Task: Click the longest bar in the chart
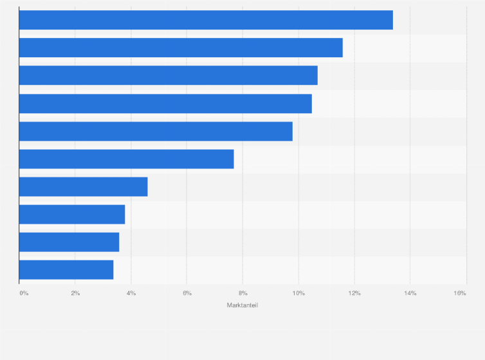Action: pyautogui.click(x=206, y=20)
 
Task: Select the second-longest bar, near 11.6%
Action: pyautogui.click(x=181, y=48)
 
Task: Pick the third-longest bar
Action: pyautogui.click(x=169, y=75)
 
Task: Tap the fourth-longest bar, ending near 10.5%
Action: pyautogui.click(x=165, y=104)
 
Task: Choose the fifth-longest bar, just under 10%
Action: pyautogui.click(x=156, y=131)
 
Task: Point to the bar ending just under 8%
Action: pyautogui.click(x=127, y=159)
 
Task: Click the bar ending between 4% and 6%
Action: pyautogui.click(x=84, y=186)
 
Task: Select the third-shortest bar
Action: pyautogui.click(x=72, y=214)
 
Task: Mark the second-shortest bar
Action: pyautogui.click(x=69, y=242)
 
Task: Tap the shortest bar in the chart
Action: pyautogui.click(x=66, y=269)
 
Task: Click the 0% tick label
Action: pyautogui.click(x=24, y=293)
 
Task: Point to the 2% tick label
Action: pyautogui.click(x=75, y=293)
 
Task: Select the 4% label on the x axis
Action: pyautogui.click(x=131, y=293)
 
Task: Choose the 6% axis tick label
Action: pyautogui.click(x=187, y=293)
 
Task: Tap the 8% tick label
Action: pyautogui.click(x=243, y=293)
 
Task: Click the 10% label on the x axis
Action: pyautogui.click(x=298, y=293)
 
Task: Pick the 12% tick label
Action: pyautogui.click(x=354, y=293)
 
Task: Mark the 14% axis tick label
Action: pyautogui.click(x=410, y=293)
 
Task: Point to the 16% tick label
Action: pyautogui.click(x=459, y=293)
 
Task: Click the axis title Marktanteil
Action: pyautogui.click(x=243, y=305)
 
